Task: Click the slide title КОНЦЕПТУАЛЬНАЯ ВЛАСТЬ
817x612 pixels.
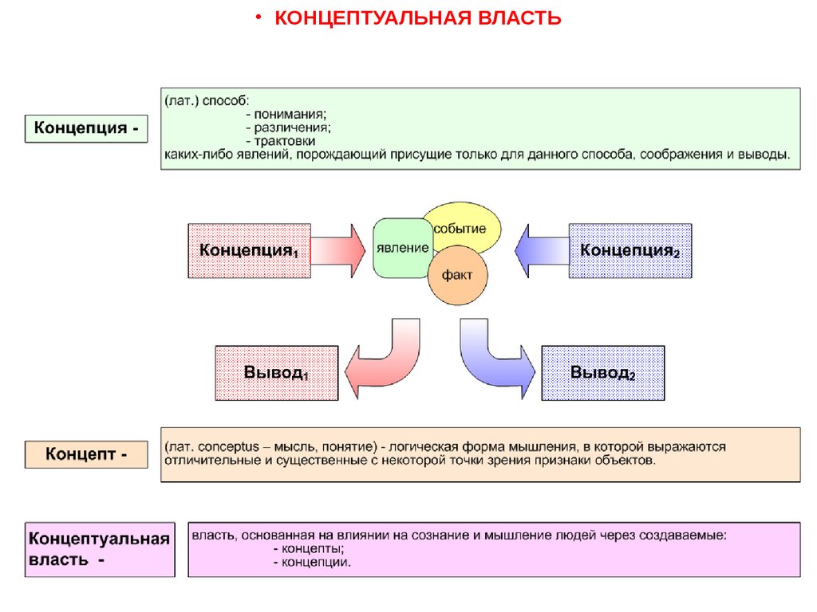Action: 418,18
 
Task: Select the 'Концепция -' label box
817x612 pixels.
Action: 86,128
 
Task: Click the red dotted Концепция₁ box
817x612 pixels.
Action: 248,250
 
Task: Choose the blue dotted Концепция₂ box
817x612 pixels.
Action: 630,250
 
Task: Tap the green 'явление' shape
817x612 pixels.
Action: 402,248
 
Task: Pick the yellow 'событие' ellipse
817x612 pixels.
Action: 466,227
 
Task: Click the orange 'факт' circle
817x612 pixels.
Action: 458,276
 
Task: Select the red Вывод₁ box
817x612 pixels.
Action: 276,372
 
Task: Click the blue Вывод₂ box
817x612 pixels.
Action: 602,372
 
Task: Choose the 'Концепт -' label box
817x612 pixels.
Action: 86,454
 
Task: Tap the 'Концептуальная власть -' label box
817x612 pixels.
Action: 100,549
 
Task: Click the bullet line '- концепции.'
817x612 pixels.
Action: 311,562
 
